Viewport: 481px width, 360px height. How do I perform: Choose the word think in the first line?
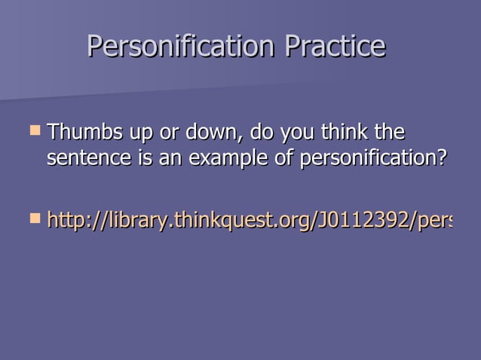(x=345, y=134)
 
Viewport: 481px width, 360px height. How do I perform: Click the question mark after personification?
(x=442, y=160)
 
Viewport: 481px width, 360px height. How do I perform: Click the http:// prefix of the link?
(x=74, y=221)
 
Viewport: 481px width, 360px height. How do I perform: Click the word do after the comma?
(x=261, y=134)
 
